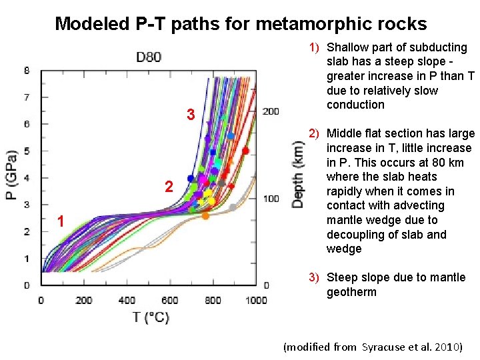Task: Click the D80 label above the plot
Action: tap(149, 57)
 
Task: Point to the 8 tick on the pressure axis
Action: tap(26, 71)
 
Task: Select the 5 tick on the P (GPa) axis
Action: tap(26, 151)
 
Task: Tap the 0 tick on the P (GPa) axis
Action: tap(26, 285)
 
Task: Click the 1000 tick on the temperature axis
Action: tap(256, 300)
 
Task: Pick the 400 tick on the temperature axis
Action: tap(127, 300)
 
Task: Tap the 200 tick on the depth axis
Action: tap(271, 111)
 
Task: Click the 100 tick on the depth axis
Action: tap(271, 199)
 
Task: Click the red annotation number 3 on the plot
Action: tap(190, 115)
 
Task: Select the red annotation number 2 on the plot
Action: tap(169, 188)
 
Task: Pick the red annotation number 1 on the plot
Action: tap(60, 221)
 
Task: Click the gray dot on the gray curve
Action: tap(233, 208)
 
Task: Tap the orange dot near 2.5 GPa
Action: tap(205, 215)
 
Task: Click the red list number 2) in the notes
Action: tap(313, 133)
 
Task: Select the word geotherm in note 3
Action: tap(351, 292)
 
